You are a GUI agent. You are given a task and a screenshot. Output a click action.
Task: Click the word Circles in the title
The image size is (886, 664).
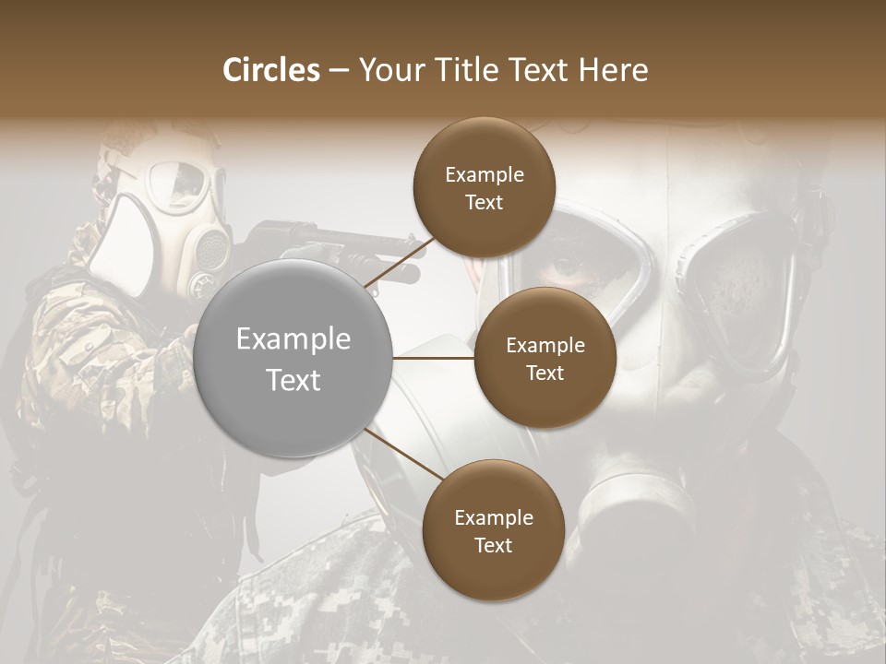tap(270, 70)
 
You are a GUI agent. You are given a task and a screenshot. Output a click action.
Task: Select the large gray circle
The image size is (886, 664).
tap(293, 358)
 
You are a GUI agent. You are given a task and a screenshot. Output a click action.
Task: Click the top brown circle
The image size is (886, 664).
tap(484, 188)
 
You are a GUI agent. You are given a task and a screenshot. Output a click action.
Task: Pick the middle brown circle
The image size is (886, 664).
tap(545, 358)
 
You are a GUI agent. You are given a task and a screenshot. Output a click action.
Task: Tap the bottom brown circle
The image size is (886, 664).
tap(493, 530)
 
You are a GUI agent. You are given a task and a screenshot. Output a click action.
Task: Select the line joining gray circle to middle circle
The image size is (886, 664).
tap(432, 358)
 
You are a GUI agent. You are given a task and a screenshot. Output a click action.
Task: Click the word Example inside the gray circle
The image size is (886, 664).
tap(293, 339)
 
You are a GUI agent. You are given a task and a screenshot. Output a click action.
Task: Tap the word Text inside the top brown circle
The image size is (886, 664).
tap(484, 202)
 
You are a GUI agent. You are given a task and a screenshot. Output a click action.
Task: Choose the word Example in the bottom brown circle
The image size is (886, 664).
tap(493, 517)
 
